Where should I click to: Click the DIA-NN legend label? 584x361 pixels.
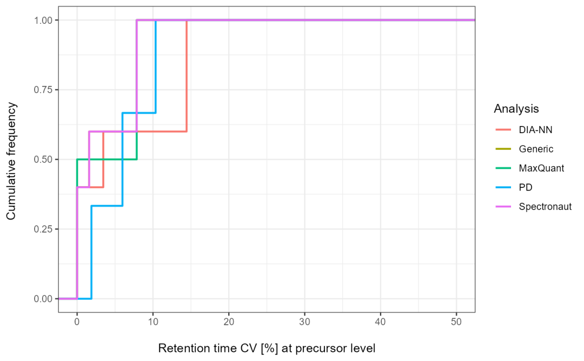(x=535, y=130)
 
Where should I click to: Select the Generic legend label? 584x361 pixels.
(x=536, y=149)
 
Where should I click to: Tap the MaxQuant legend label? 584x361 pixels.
(x=541, y=168)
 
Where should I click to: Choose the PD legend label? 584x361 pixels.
(x=526, y=188)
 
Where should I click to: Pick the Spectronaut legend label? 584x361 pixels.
(x=545, y=207)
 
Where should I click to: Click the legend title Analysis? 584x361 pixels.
(x=516, y=109)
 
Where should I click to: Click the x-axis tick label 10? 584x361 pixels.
(x=152, y=322)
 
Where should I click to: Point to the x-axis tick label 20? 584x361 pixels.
(x=229, y=322)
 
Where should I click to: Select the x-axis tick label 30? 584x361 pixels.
(x=304, y=322)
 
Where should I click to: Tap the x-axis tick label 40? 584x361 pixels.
(x=380, y=322)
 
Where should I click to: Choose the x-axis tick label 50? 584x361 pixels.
(x=456, y=322)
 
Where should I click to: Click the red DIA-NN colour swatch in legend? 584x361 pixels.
(x=503, y=130)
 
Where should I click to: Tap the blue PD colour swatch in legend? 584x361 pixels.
(x=503, y=188)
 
